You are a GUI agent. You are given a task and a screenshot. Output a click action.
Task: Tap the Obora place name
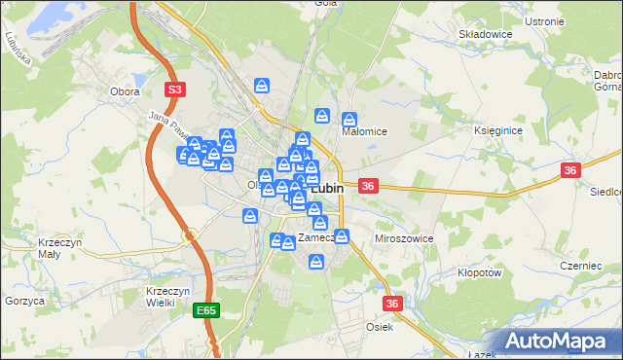[126, 91]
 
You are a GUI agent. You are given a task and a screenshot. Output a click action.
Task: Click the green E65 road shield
[204, 310]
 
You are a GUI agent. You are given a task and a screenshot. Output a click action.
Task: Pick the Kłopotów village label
[478, 273]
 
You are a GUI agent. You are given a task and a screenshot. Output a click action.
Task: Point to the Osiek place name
[379, 327]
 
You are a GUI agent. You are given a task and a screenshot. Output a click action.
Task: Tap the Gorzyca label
[24, 302]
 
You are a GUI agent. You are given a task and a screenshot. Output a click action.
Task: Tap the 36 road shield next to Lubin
[368, 185]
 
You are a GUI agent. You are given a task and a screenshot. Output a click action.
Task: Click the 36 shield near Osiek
[392, 304]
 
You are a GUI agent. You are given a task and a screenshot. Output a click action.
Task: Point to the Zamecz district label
[316, 237]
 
